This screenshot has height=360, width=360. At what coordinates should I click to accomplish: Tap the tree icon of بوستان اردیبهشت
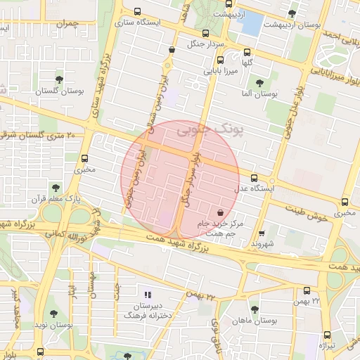click(292, 13)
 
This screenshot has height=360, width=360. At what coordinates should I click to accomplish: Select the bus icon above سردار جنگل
click(205, 33)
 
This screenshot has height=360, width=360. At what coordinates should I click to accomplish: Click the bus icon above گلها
click(247, 51)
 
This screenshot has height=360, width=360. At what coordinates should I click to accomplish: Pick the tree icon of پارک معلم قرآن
click(54, 188)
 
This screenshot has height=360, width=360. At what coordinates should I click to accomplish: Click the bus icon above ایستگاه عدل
click(253, 178)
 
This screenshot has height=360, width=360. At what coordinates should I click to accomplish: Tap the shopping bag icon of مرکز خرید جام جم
click(221, 211)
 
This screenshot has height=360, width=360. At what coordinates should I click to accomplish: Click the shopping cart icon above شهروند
click(262, 233)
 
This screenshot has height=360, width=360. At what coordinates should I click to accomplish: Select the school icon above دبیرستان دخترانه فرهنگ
click(147, 295)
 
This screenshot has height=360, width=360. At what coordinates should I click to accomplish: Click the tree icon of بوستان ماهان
click(254, 309)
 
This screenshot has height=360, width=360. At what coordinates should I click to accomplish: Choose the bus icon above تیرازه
click(326, 335)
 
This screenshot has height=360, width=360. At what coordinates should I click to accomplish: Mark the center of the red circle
click(180, 179)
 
